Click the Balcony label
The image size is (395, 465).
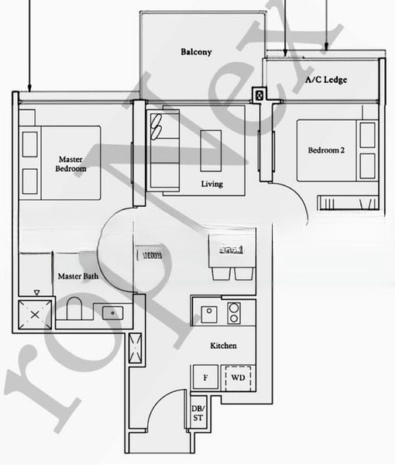click(196, 52)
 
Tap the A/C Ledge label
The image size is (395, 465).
click(325, 80)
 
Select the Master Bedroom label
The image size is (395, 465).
click(70, 164)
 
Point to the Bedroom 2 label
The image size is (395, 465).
click(325, 150)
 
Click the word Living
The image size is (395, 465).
click(211, 184)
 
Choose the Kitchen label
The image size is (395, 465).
click(223, 346)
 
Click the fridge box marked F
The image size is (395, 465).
click(205, 377)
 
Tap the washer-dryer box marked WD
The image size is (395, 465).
click(239, 377)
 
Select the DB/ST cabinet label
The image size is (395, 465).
click(197, 414)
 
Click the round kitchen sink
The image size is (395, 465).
click(208, 312)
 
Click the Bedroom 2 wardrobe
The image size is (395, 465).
click(349, 203)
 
